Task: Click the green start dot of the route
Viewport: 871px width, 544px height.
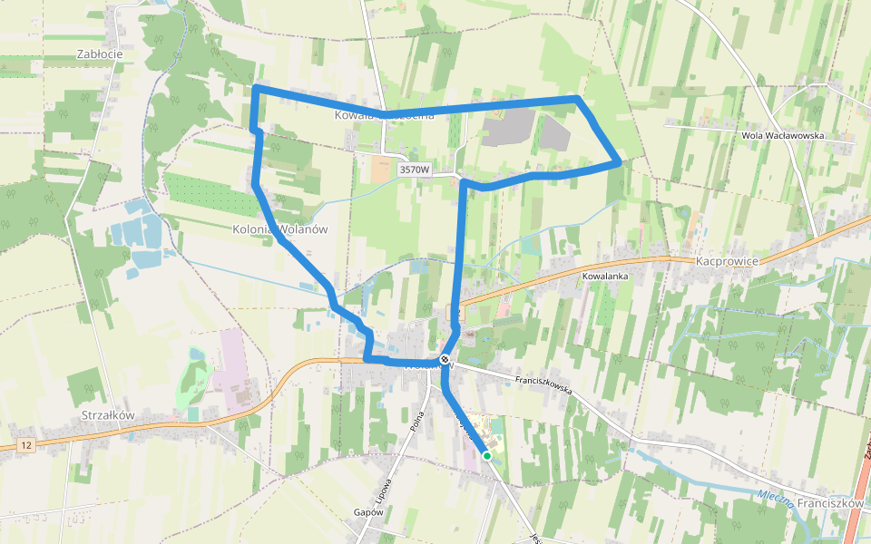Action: [487, 455]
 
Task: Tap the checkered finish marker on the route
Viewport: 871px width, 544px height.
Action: [445, 360]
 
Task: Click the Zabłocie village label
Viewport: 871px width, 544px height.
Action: [100, 53]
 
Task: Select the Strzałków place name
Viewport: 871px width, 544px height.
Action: [107, 414]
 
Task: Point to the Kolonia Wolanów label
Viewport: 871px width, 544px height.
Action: [279, 229]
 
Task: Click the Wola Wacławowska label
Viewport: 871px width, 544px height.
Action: [782, 135]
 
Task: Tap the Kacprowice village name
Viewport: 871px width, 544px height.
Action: [726, 260]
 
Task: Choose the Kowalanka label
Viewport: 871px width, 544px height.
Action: [606, 275]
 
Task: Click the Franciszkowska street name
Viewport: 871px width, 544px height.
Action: [543, 385]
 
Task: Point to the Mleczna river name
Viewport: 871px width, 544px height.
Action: [776, 498]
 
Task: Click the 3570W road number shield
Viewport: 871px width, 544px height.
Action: [414, 170]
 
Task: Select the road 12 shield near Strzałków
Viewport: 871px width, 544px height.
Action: [29, 445]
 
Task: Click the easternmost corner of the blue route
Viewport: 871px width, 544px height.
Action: [619, 162]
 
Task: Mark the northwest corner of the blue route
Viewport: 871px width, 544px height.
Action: [256, 88]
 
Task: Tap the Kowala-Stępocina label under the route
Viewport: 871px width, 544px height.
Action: [377, 115]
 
